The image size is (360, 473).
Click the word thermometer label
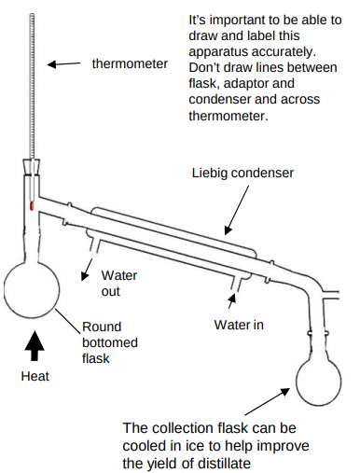coord(130,64)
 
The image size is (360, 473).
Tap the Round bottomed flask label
coord(109,342)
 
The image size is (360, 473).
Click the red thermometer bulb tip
coord(31,202)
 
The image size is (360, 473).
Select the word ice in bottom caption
coord(211,444)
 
